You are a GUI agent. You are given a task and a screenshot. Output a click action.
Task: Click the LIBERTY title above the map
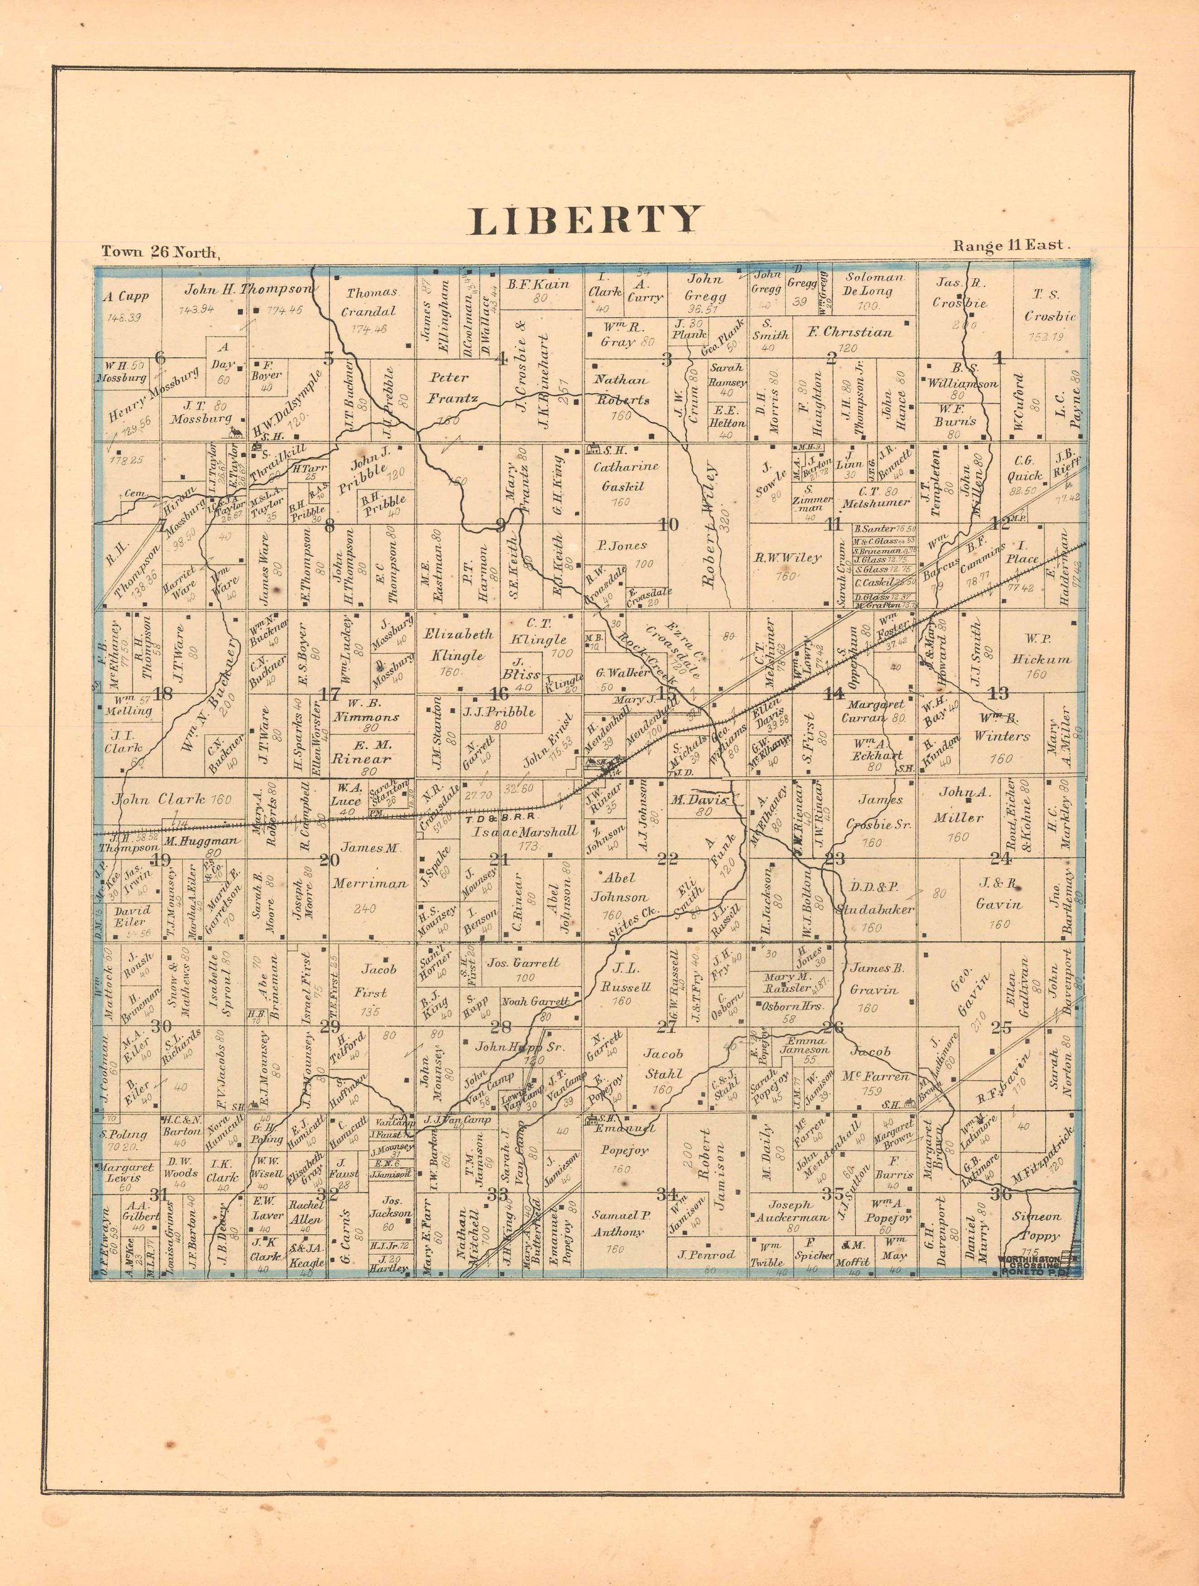point(584,219)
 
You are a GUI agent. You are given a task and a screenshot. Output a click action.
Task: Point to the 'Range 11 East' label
point(1011,246)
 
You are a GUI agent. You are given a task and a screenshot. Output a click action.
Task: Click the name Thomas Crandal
point(371,302)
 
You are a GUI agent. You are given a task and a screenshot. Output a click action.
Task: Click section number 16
point(499,694)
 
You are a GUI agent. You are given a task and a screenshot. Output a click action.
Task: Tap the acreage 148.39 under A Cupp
point(124,317)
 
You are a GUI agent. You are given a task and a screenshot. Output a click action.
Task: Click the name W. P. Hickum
point(1035,649)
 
